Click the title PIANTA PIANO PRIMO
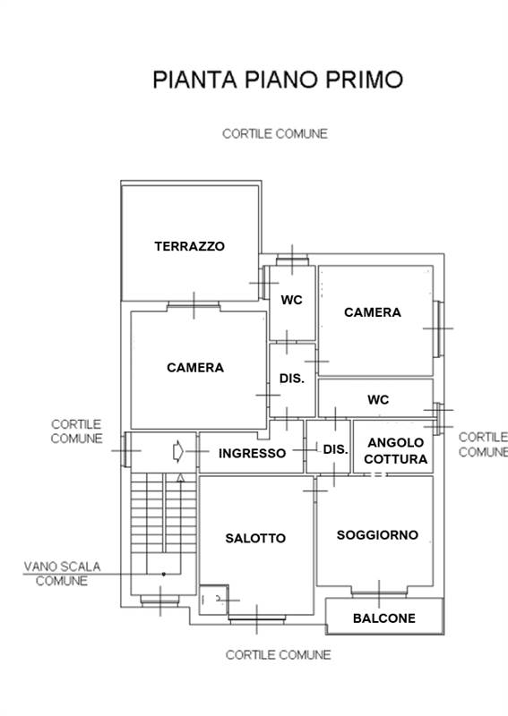[278, 79]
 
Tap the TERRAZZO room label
[189, 246]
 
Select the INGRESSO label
[253, 453]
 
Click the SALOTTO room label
[255, 538]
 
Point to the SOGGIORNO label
[377, 535]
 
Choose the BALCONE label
[383, 618]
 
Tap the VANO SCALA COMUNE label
[62, 573]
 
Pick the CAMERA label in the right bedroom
[373, 312]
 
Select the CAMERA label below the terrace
[195, 367]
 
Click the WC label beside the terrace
[292, 301]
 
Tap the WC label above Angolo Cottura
[378, 399]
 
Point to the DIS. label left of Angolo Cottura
[335, 448]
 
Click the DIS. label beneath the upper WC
[292, 379]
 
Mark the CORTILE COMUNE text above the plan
[275, 134]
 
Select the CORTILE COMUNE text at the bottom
[278, 655]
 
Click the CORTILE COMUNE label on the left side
[76, 431]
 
